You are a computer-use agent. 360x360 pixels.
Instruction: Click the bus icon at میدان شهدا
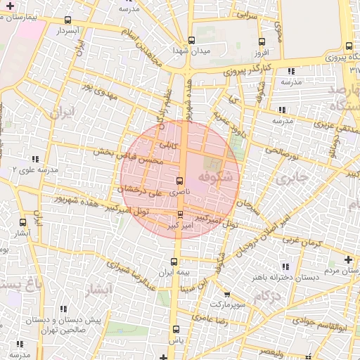tap(192, 40)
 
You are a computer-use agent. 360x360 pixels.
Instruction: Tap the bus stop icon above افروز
tap(262, 41)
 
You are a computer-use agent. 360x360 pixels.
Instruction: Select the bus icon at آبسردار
tap(67, 21)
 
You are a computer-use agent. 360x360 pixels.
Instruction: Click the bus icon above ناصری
tap(181, 181)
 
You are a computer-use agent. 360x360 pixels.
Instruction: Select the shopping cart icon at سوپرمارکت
tap(226, 295)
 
